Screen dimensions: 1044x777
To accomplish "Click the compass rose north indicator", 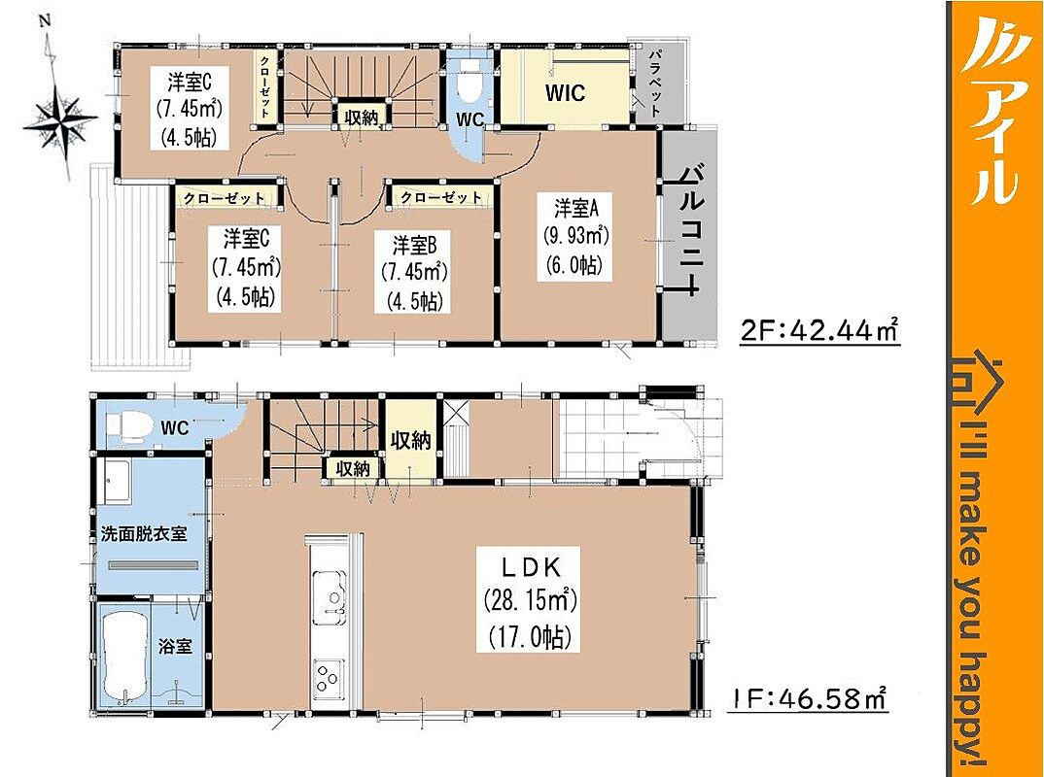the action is click(46, 21).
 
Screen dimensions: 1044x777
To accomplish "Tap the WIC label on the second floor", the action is click(566, 92).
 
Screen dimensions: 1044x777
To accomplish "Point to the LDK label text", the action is click(530, 567).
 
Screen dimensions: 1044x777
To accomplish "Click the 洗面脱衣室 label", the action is click(144, 534).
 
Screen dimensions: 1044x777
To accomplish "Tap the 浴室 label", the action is click(176, 646).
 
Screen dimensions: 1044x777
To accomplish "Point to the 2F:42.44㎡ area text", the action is click(820, 329).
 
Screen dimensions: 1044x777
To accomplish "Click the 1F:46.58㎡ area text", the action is click(806, 698).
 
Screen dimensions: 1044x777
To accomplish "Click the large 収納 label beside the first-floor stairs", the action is click(411, 440).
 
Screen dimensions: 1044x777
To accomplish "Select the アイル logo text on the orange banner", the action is click(992, 108).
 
